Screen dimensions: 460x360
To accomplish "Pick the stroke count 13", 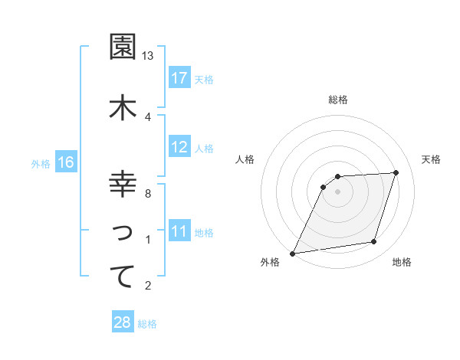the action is click(x=148, y=57).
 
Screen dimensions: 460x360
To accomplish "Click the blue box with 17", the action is click(x=179, y=78).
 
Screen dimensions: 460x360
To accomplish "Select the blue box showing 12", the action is click(x=179, y=147).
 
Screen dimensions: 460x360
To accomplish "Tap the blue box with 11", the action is click(x=179, y=232).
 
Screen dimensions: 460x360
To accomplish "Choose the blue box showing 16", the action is click(x=66, y=162).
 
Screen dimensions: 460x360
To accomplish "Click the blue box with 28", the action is click(x=123, y=323).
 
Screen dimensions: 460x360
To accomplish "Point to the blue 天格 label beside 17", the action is click(x=203, y=79).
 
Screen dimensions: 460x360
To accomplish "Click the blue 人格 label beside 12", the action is click(x=203, y=148).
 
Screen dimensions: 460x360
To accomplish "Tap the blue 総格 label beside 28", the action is click(x=147, y=324).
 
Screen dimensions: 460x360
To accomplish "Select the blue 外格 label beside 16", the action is click(x=41, y=163).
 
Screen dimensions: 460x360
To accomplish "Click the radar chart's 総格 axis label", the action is click(x=338, y=100).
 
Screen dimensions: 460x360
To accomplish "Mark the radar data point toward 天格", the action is click(x=396, y=172).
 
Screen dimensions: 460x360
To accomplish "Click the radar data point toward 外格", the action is click(x=292, y=254).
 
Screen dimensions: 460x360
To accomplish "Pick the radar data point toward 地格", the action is click(x=374, y=242).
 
